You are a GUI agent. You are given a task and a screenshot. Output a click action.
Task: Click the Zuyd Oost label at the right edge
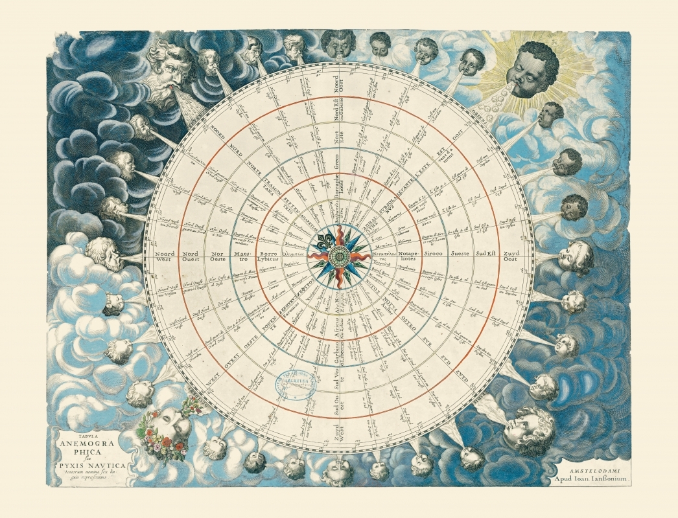(511, 254)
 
